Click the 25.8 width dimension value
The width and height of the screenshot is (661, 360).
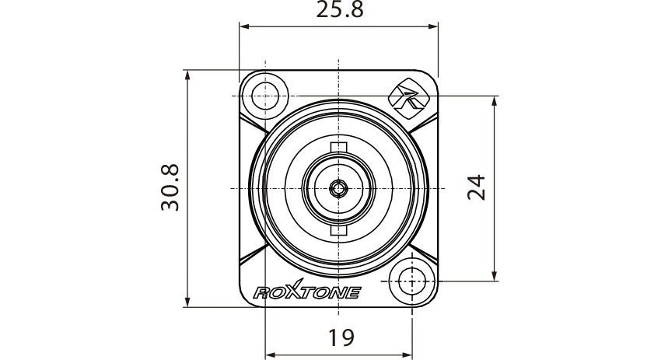(340, 10)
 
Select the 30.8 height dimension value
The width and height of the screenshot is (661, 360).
(170, 187)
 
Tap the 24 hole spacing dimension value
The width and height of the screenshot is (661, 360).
(477, 187)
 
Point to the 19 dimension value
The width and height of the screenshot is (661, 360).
(341, 337)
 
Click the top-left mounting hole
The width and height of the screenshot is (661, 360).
(265, 96)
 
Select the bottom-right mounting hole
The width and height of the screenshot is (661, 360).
(411, 281)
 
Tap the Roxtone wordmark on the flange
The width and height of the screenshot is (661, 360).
(307, 291)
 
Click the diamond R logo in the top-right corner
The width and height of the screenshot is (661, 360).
(404, 99)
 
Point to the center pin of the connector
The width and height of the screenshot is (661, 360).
(338, 188)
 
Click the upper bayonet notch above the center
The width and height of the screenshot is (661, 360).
(338, 147)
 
